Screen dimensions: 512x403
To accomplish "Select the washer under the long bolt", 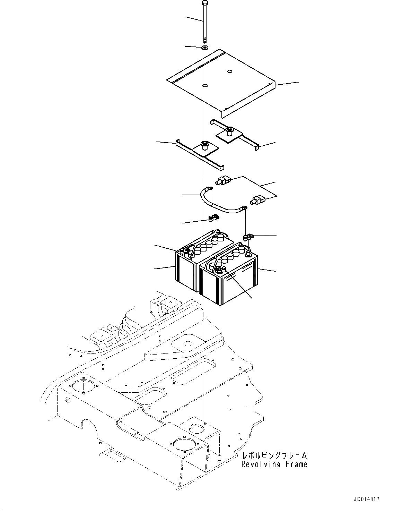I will tap(205, 47).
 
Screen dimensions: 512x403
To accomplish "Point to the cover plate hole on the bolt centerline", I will tap(205, 85).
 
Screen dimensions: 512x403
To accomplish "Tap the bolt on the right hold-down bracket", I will tap(229, 131).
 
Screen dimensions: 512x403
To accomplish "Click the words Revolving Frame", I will tap(274, 464).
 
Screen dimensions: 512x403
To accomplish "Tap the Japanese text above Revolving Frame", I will tap(274, 456).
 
